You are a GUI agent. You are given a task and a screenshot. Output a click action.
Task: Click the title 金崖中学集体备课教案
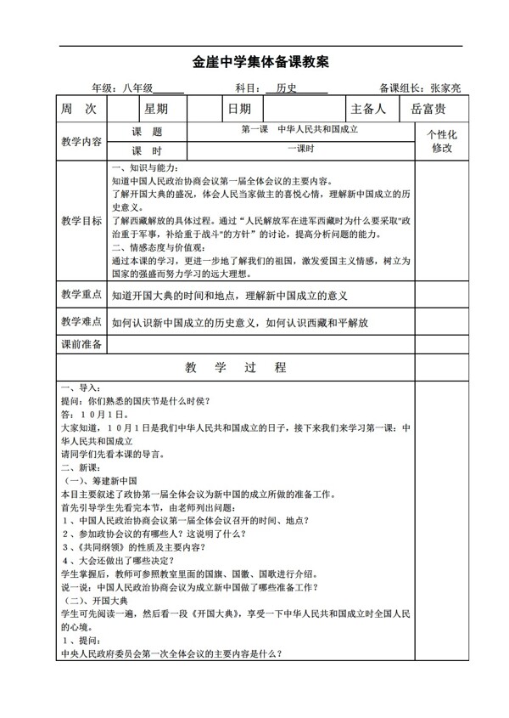tap(255, 63)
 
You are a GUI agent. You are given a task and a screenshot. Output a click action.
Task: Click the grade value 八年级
tap(136, 88)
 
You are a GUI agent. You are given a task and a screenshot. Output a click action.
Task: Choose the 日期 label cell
tap(239, 109)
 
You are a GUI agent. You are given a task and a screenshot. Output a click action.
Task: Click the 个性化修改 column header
tap(442, 141)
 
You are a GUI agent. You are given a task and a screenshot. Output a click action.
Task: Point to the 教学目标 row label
tap(81, 221)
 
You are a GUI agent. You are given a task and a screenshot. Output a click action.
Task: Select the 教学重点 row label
tap(81, 295)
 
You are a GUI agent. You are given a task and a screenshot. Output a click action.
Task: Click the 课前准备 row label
tap(81, 344)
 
